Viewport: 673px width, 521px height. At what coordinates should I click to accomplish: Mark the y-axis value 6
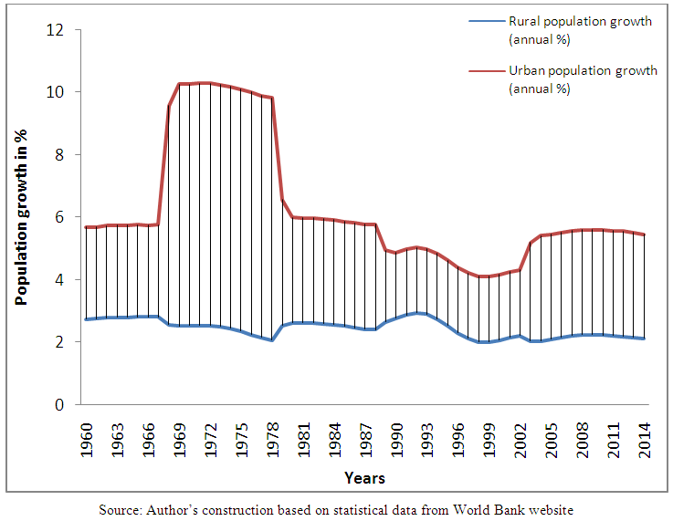[x=61, y=217]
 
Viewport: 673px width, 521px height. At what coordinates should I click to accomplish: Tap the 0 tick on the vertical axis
[x=61, y=404]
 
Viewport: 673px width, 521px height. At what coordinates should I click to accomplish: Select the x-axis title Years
[x=364, y=478]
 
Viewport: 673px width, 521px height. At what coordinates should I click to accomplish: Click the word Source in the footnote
[x=121, y=509]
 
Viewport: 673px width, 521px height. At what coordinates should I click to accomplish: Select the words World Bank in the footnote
[x=491, y=509]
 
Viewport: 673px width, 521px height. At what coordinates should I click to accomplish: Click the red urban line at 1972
[x=212, y=83]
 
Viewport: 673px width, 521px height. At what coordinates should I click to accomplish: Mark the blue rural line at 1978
[x=273, y=340]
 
